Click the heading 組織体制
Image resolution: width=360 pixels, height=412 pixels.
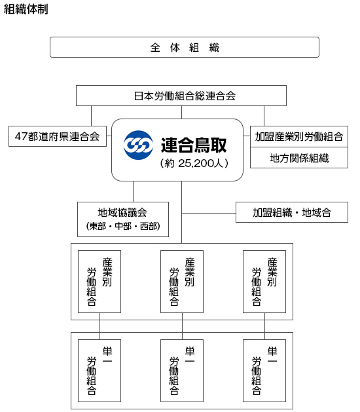[26, 9]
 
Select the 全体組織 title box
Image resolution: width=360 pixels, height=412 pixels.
[185, 47]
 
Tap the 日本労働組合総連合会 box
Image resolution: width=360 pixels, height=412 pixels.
[181, 96]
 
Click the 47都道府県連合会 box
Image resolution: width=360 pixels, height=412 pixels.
[58, 136]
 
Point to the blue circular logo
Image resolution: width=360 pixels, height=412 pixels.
[138, 145]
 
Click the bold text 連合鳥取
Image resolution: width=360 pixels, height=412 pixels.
[194, 145]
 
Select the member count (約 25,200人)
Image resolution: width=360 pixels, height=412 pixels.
[194, 164]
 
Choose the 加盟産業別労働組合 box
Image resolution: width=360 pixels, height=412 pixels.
[299, 136]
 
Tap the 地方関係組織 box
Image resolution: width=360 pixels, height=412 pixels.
[299, 158]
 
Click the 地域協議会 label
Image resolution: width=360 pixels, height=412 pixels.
[122, 213]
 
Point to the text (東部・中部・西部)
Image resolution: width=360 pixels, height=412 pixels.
[123, 226]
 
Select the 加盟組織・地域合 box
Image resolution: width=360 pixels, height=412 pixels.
[292, 212]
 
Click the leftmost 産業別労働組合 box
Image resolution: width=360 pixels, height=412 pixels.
[99, 282]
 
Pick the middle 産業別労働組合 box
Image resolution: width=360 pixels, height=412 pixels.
[182, 282]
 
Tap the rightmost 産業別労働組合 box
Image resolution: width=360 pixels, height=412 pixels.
[264, 282]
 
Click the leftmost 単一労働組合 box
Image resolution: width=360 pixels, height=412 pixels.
[99, 371]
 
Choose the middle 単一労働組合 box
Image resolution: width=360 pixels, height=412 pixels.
[182, 371]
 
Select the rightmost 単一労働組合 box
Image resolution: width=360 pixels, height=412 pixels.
[264, 371]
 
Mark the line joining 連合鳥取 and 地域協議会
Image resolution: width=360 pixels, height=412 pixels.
[133, 191]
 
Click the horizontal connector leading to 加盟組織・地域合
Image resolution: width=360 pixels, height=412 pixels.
[209, 213]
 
